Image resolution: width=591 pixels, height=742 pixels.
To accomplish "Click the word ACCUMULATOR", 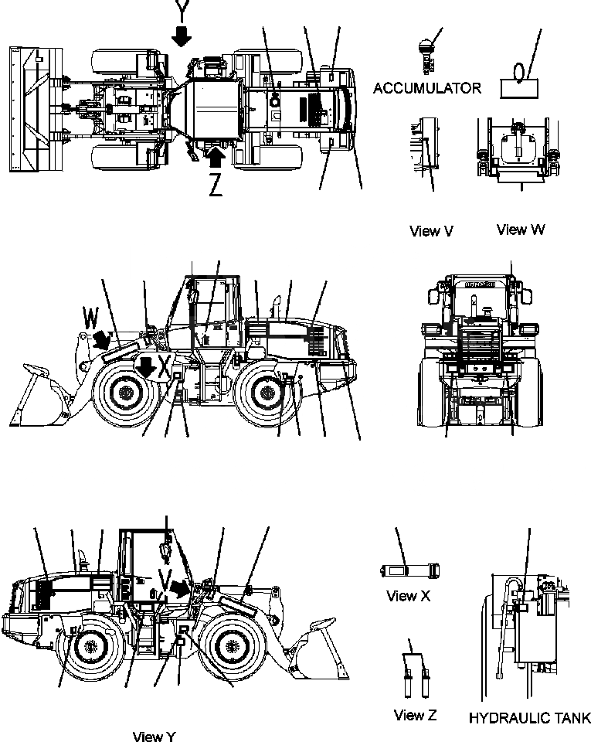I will (426, 89).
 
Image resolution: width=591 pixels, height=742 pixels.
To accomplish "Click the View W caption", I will (521, 229).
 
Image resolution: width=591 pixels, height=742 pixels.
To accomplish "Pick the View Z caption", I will (415, 715).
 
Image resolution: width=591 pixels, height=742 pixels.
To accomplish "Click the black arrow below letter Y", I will (182, 36).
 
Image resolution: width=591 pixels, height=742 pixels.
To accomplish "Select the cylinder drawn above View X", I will (409, 570).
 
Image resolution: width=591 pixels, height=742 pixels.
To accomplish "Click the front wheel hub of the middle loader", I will (123, 393).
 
